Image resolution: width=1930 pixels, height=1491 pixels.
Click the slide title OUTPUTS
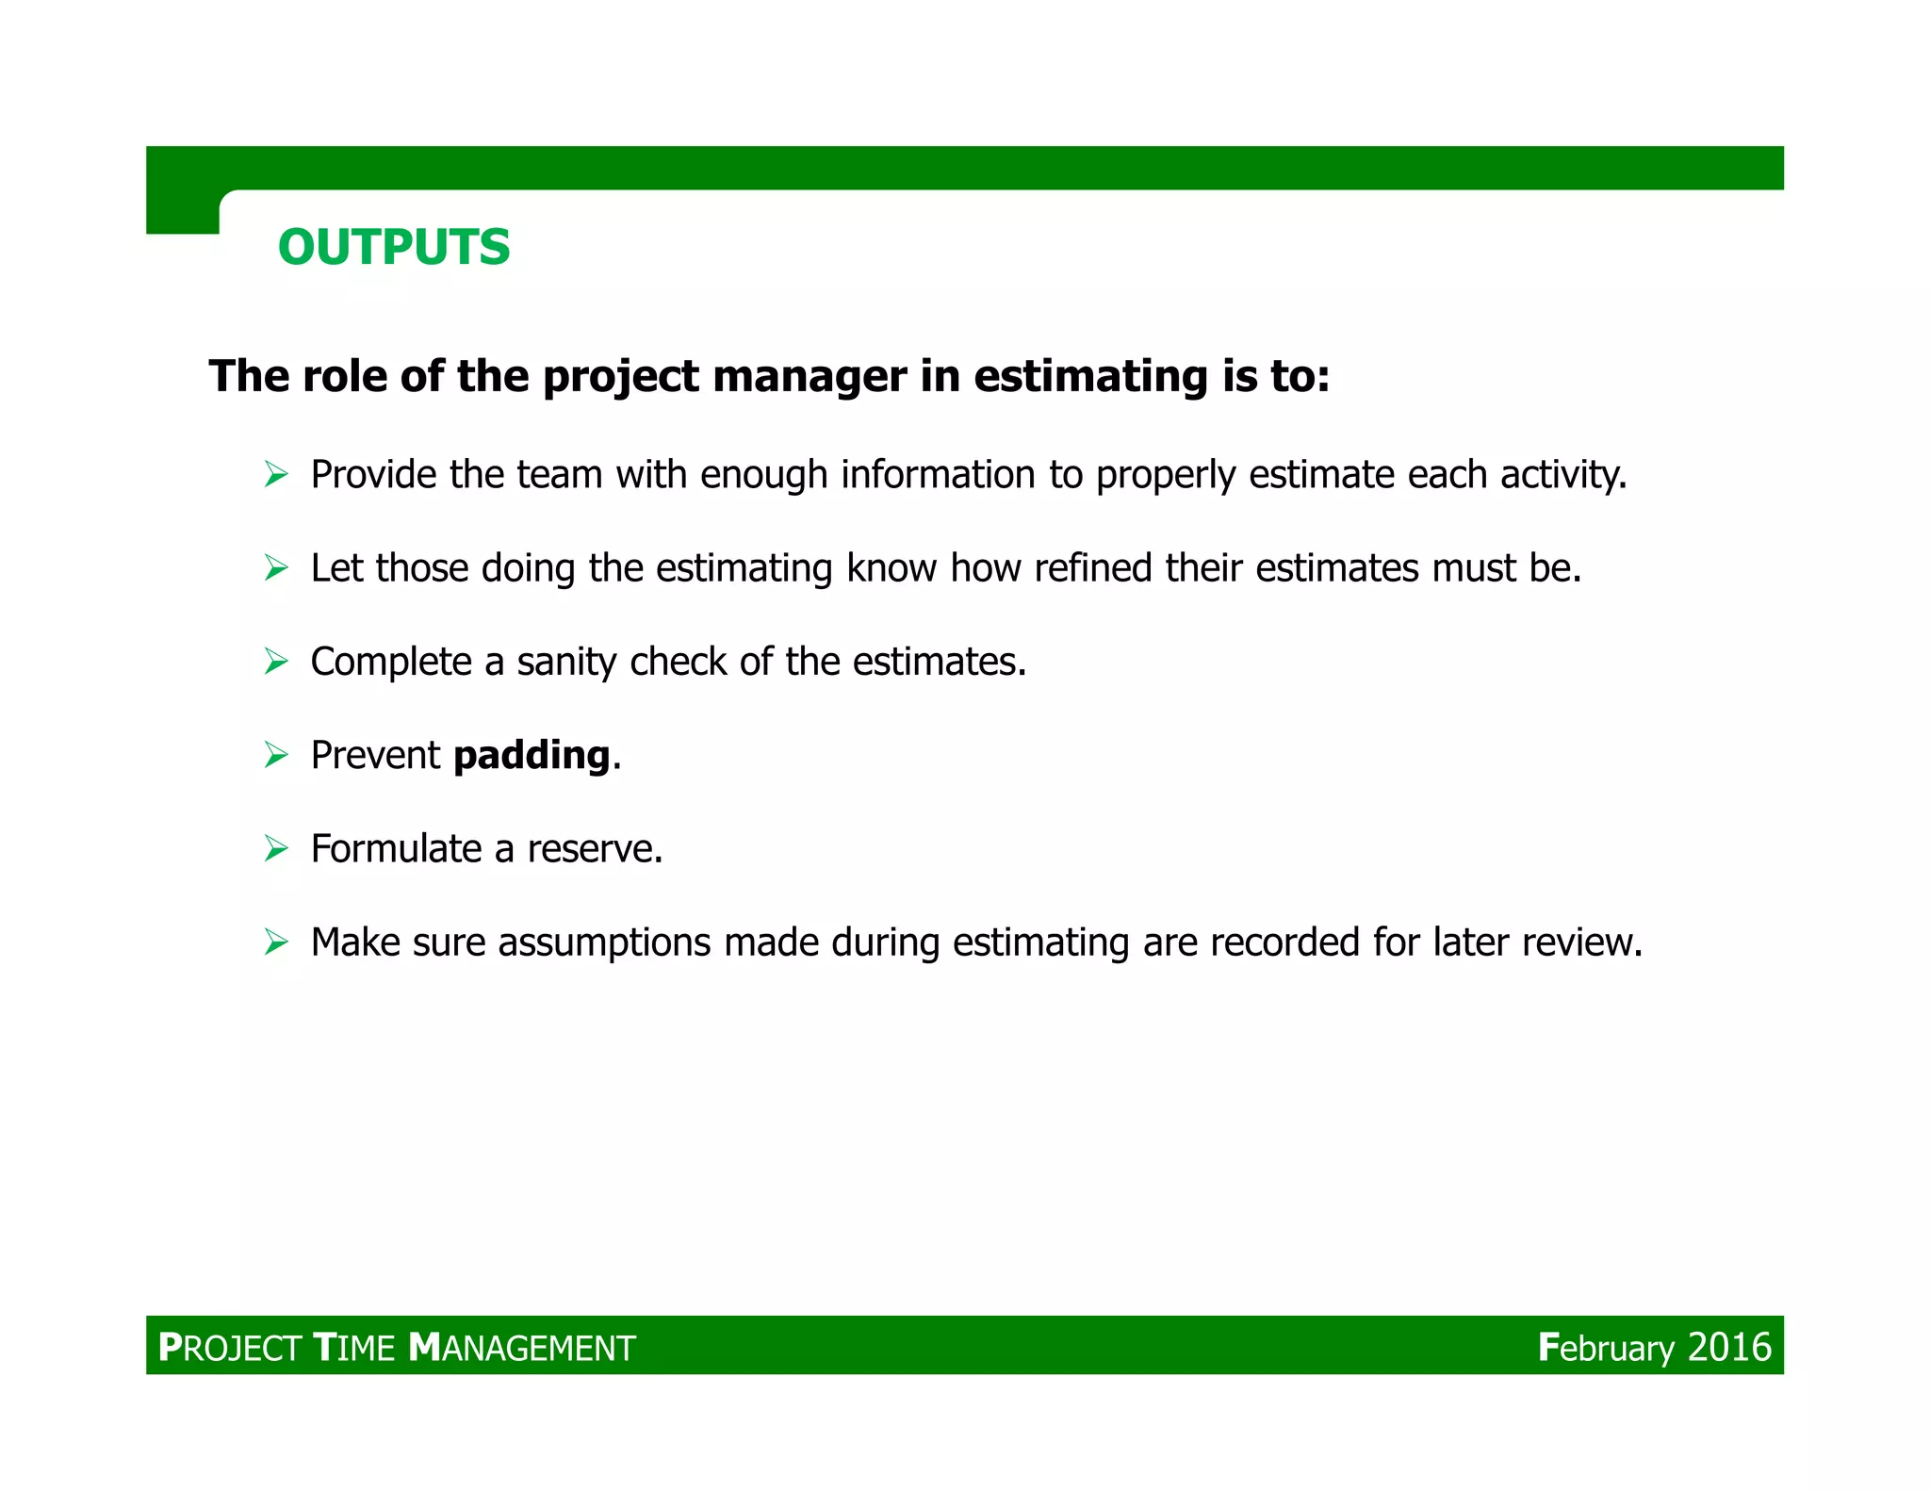tap(394, 248)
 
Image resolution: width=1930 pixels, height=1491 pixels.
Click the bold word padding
tap(532, 756)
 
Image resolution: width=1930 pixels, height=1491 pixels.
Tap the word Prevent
tap(374, 756)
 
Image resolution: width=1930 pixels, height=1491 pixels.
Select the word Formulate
tap(396, 849)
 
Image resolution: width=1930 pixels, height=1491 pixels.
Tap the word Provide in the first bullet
tap(373, 475)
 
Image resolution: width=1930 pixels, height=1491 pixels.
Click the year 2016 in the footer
tap(1729, 1347)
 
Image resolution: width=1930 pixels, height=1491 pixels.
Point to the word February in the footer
tap(1606, 1348)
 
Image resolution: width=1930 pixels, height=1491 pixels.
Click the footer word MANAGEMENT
tap(522, 1348)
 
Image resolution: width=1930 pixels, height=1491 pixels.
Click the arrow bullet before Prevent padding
tap(276, 755)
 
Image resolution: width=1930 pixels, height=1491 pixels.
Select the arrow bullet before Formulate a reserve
tap(276, 848)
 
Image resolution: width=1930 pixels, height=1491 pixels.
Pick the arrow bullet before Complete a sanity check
tap(276, 662)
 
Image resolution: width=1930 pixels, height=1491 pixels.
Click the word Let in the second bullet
tap(336, 568)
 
